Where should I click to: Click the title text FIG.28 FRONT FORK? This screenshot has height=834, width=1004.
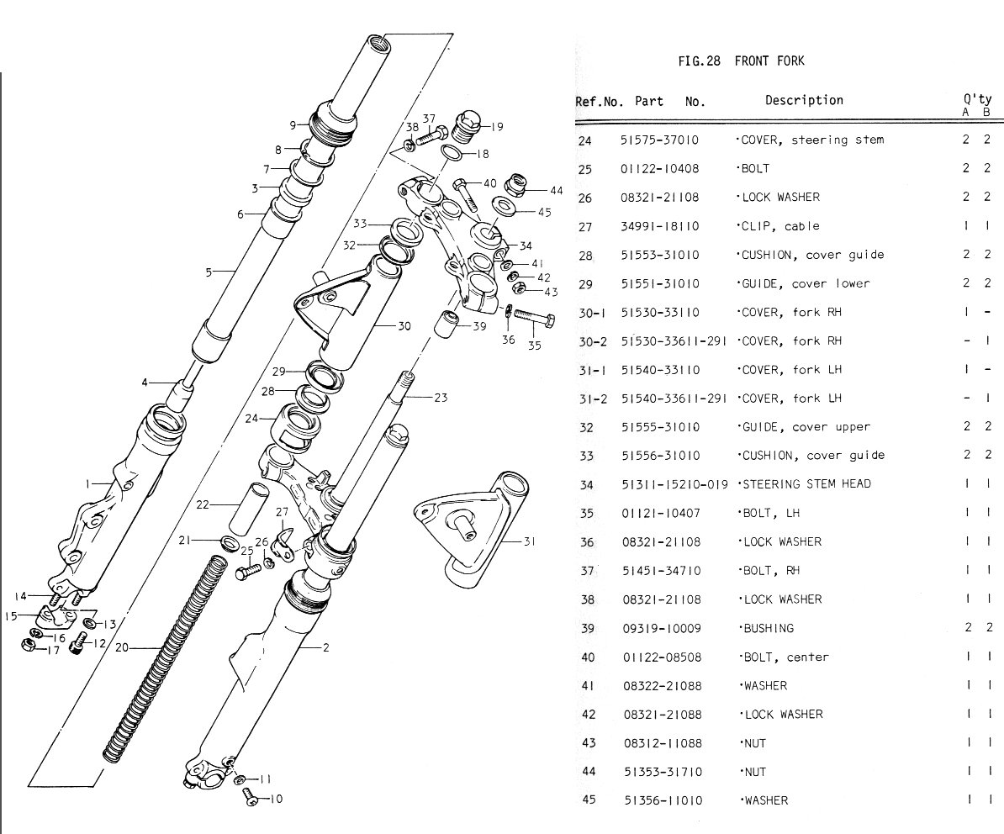click(741, 61)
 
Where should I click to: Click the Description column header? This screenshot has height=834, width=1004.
click(804, 101)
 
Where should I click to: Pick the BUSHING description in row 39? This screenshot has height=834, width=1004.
click(767, 628)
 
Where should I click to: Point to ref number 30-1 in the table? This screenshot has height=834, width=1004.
click(592, 313)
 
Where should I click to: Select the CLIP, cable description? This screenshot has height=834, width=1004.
click(779, 226)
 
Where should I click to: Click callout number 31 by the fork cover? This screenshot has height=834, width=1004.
click(529, 541)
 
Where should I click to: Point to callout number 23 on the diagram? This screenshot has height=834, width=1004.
click(441, 398)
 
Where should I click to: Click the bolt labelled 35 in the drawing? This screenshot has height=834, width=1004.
click(534, 319)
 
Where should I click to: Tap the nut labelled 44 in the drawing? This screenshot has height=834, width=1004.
click(515, 184)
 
